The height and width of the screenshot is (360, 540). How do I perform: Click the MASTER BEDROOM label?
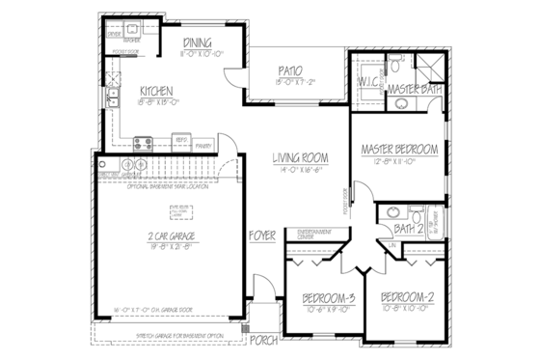pos(399,150)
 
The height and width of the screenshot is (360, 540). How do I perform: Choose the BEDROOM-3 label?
pos(327,298)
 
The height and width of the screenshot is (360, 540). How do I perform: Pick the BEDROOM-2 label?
pos(405,298)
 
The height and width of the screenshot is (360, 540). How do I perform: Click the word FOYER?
pos(263,236)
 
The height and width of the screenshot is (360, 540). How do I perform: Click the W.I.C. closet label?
pos(370,82)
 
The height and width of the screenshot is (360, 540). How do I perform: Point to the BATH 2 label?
pos(409,230)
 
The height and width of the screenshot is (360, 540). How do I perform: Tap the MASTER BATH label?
pos(414,90)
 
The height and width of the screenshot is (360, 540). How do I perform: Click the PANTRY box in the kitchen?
pos(203,145)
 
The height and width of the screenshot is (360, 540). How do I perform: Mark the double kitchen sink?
pos(113,102)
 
